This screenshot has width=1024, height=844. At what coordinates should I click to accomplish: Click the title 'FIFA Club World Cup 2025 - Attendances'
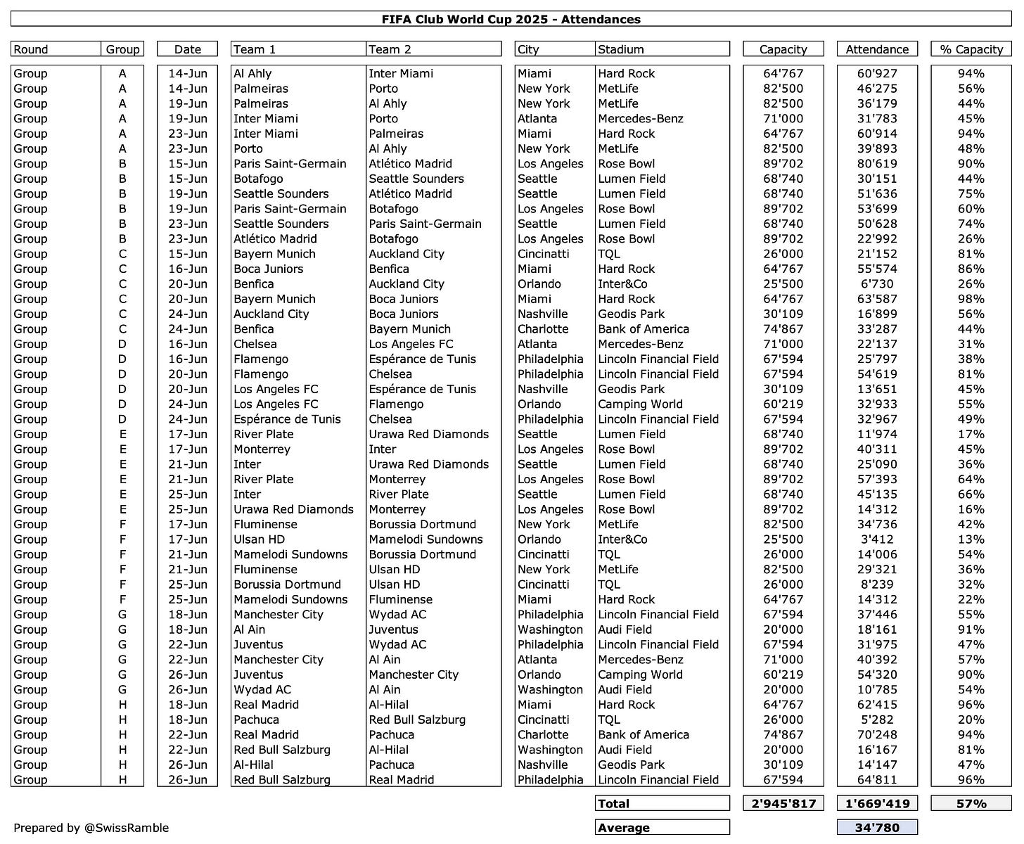pos(511,19)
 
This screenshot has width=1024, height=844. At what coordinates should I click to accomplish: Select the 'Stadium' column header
pos(620,49)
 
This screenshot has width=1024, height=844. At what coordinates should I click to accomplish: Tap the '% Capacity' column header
pos(971,49)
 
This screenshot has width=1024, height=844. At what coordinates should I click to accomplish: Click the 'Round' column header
pos(31,49)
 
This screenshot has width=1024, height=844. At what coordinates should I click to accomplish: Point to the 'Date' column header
pos(187,49)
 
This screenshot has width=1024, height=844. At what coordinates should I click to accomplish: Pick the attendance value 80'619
pos(876,164)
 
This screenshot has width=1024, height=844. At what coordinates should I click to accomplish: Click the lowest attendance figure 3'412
pos(876,539)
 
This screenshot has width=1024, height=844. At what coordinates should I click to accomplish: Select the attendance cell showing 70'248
pos(876,735)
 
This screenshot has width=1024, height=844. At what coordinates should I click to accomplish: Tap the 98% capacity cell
pos(971,299)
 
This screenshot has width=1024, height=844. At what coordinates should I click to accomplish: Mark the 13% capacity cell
pos(971,539)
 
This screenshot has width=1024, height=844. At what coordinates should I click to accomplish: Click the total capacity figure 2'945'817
pos(783,803)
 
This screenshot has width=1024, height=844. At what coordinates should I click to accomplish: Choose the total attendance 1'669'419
pos(876,803)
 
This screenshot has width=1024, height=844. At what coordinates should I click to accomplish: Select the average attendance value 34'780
pos(876,828)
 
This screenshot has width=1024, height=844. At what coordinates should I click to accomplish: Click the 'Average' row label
pos(623,828)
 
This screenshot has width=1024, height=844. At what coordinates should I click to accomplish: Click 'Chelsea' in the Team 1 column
pos(255,344)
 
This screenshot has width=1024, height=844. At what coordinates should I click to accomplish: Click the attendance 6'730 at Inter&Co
pos(876,284)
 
